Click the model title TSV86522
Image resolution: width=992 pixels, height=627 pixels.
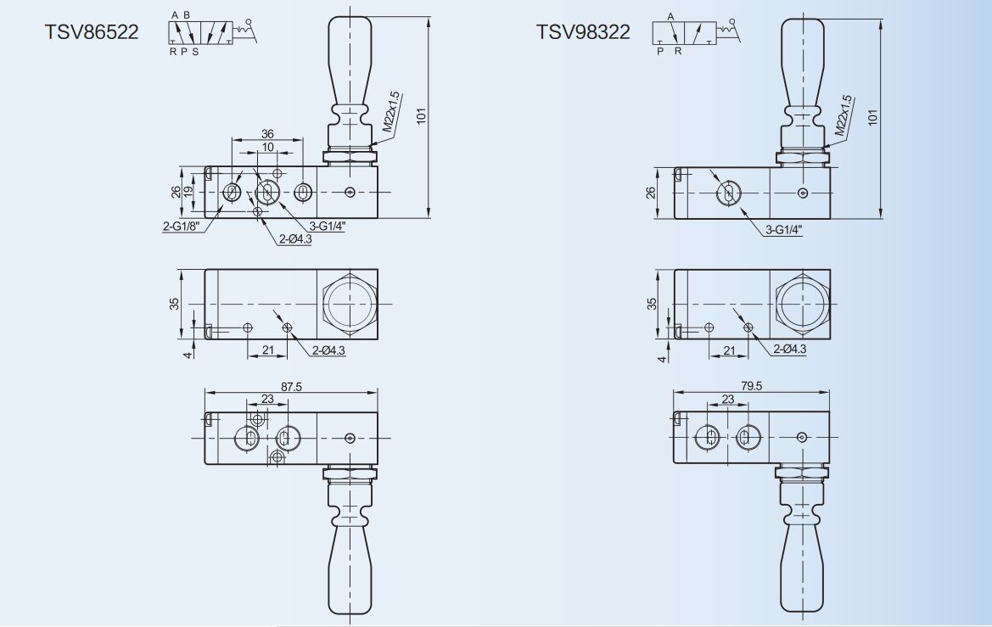(x=92, y=31)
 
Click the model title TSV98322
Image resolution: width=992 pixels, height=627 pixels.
(x=583, y=31)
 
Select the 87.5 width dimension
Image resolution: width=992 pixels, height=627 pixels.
(x=291, y=387)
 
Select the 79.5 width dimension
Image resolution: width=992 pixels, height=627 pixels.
(x=751, y=386)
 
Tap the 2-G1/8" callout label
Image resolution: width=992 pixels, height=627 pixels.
(x=181, y=227)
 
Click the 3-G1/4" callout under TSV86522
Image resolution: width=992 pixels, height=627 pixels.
(x=327, y=227)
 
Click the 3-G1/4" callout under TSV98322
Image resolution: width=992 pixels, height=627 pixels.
(x=784, y=230)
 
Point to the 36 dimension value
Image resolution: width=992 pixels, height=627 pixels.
(x=267, y=134)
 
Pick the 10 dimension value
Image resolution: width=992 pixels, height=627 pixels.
(x=267, y=148)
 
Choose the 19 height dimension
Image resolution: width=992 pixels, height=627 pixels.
(x=188, y=191)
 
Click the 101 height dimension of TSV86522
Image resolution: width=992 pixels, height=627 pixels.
(x=422, y=116)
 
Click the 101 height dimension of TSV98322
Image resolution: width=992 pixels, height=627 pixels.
(x=873, y=117)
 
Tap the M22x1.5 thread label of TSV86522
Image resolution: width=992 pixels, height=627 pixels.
(x=391, y=113)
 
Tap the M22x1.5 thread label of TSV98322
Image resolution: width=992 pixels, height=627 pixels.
(x=843, y=115)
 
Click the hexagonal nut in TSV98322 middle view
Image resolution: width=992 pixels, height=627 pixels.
(x=803, y=305)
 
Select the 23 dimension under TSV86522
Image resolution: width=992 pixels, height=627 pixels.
(x=267, y=400)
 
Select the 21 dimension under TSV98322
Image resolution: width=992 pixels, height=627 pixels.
(x=730, y=350)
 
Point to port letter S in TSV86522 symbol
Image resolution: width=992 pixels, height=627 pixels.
(x=195, y=52)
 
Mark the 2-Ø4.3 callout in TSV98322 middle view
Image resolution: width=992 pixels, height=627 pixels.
(x=790, y=349)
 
